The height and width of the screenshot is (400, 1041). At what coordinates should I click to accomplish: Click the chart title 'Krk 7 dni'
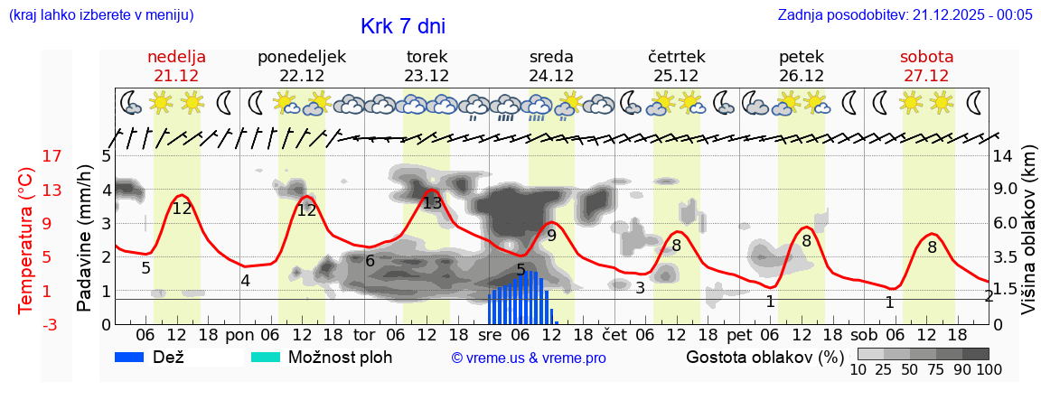(402, 26)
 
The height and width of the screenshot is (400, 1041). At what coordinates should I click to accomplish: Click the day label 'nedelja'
(177, 57)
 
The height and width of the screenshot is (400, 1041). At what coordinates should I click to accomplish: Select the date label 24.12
(551, 76)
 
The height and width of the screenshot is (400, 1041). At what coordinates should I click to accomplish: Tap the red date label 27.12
(926, 76)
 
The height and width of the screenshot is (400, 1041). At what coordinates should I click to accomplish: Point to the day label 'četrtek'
(676, 57)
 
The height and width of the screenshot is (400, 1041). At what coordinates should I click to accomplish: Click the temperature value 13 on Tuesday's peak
(432, 202)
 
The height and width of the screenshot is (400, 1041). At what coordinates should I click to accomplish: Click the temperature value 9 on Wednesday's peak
(551, 236)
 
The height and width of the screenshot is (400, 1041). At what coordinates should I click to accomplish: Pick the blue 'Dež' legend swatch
(136, 357)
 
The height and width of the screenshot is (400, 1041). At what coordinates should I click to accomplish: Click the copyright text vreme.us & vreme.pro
(529, 358)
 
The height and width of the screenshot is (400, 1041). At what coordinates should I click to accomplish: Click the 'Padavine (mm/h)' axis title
(85, 238)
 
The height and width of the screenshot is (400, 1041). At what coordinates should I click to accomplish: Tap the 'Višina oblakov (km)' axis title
(1028, 231)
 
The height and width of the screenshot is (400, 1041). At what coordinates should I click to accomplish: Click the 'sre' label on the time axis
(489, 333)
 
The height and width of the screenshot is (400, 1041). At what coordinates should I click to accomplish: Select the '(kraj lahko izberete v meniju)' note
(100, 14)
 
